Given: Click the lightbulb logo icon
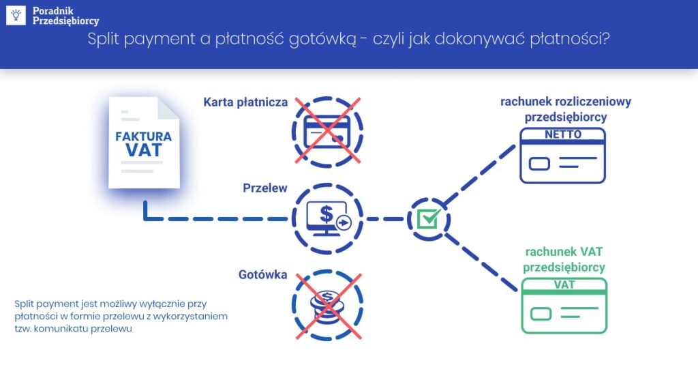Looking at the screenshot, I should pos(16,15).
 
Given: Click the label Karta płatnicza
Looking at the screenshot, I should pos(245,102).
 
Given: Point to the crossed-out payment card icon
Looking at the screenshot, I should pos(328,130).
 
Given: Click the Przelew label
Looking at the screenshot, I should pos(265,188).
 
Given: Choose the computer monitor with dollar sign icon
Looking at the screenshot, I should pos(328,218).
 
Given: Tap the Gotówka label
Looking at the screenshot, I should pos(262,275).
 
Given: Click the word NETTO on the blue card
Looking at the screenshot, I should pos(563,134).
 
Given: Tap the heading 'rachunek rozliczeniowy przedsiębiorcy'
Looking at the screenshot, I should pos(566,109).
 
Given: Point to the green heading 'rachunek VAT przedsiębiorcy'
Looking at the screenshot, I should pos(565,259).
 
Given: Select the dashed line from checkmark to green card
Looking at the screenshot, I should pos(481,260).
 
